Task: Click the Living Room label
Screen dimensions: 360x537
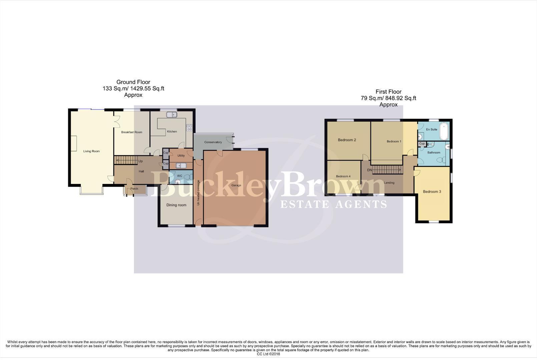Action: point(91,151)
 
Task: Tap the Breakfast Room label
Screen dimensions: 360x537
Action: point(131,132)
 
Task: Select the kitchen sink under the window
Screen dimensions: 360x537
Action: point(172,115)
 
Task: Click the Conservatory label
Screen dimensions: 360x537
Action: point(213,142)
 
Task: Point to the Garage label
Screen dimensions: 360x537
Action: point(236,185)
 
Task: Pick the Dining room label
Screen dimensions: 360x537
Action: point(176,205)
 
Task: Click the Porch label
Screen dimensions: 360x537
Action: point(134,189)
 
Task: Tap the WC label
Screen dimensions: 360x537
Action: point(179,176)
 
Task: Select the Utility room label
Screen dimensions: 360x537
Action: point(181,156)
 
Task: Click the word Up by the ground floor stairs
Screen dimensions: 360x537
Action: point(140,161)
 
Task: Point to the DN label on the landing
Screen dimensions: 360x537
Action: point(370,170)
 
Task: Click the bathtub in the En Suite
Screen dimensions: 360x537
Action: point(444,131)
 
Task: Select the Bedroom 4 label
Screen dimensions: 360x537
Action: point(343,176)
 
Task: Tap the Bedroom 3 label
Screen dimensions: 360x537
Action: point(432,192)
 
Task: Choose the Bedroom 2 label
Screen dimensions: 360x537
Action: point(347,140)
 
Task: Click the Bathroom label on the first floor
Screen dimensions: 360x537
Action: point(434,153)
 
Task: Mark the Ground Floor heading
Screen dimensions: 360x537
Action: point(133,82)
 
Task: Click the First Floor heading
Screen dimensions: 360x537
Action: point(388,92)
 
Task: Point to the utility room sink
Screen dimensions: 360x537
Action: point(181,166)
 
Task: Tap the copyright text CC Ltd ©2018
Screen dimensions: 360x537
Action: point(268,354)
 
